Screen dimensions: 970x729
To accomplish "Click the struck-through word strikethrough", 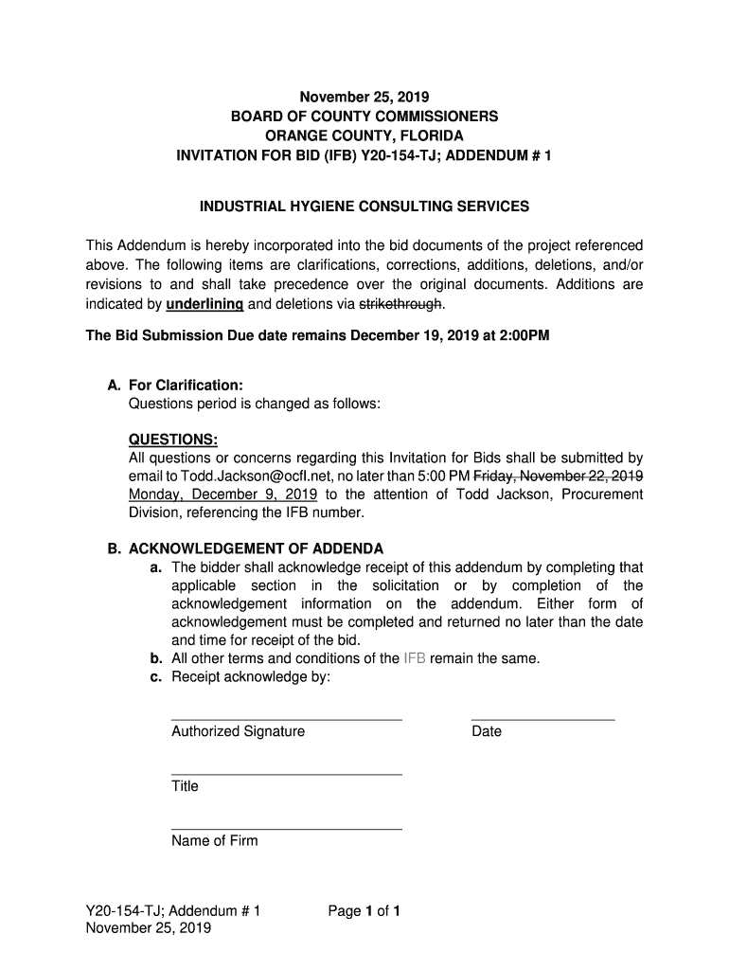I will click(x=400, y=304).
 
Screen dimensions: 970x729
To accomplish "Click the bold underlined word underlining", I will click(x=204, y=304).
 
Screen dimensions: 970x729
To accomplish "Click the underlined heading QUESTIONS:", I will click(x=173, y=440).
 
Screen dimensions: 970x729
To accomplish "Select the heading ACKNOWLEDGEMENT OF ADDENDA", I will click(x=256, y=548).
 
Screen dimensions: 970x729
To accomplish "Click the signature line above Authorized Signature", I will click(x=286, y=719).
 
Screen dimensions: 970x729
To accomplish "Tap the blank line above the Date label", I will click(x=542, y=719).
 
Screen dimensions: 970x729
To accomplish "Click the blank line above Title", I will click(x=286, y=774).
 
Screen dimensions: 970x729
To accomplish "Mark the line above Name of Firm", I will click(x=286, y=829).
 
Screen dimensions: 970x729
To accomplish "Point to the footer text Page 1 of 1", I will click(x=364, y=911).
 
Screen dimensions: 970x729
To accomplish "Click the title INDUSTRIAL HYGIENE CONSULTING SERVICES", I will click(x=364, y=206).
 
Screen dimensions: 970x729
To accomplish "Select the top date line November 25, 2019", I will click(x=364, y=97).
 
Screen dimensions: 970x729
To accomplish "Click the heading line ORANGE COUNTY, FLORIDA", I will click(x=364, y=135).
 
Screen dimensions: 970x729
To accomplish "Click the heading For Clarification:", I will click(x=186, y=386).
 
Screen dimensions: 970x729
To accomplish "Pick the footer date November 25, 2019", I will click(x=149, y=928).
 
